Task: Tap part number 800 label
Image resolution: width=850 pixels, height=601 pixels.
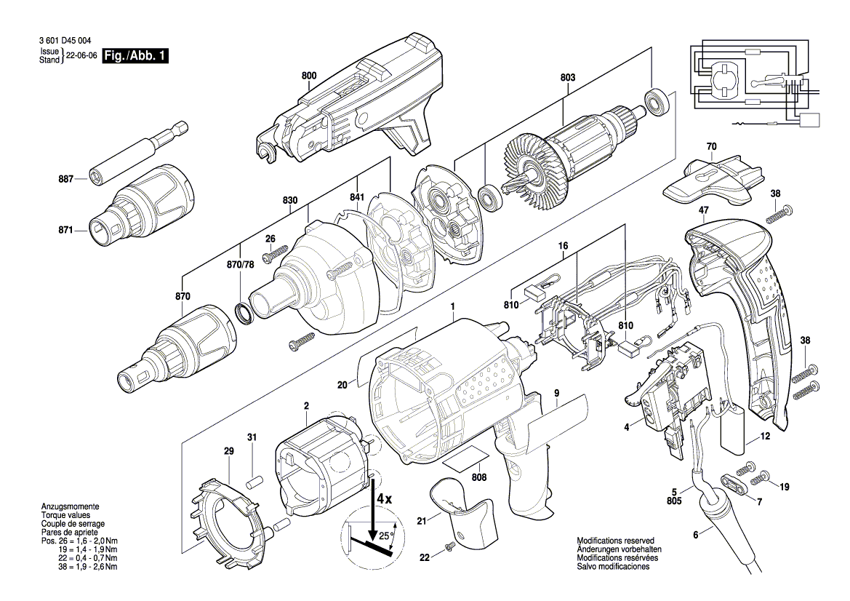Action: (309, 76)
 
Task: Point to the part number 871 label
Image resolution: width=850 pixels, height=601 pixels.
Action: (66, 230)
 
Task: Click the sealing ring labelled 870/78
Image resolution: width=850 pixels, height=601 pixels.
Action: (246, 313)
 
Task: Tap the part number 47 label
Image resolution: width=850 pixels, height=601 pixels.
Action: (703, 210)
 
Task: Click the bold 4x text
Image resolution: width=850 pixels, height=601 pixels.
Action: (384, 500)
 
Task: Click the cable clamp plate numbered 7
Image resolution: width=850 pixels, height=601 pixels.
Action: (733, 482)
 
